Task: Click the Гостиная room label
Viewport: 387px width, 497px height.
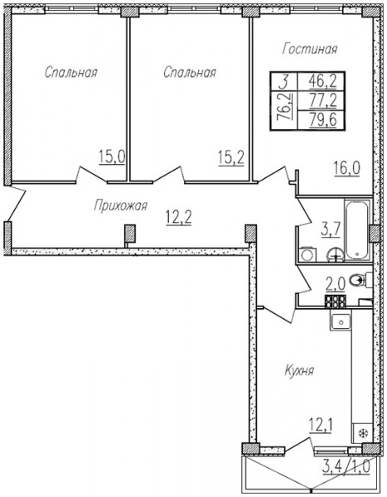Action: (x=310, y=50)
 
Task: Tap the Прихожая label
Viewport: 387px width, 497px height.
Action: (x=120, y=205)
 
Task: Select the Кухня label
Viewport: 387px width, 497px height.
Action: (x=299, y=370)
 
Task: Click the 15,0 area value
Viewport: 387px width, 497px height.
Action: (x=112, y=157)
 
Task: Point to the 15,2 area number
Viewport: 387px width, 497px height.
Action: (x=231, y=157)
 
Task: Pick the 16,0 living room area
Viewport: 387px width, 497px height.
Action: (x=346, y=168)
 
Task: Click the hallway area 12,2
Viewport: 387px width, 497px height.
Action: (x=179, y=218)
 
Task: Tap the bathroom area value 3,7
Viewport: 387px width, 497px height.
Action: (x=331, y=230)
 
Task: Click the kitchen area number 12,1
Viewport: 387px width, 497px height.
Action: (x=321, y=427)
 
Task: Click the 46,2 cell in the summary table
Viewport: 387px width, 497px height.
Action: (x=322, y=82)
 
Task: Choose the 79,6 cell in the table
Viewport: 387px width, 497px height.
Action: (x=322, y=120)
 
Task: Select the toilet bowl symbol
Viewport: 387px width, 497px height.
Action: (x=360, y=280)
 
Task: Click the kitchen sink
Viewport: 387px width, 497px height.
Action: (x=341, y=321)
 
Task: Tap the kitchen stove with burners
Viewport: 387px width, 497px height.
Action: (x=335, y=301)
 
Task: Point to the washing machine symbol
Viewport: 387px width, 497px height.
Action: (x=307, y=254)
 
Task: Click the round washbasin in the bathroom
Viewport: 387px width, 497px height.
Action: (x=336, y=253)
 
